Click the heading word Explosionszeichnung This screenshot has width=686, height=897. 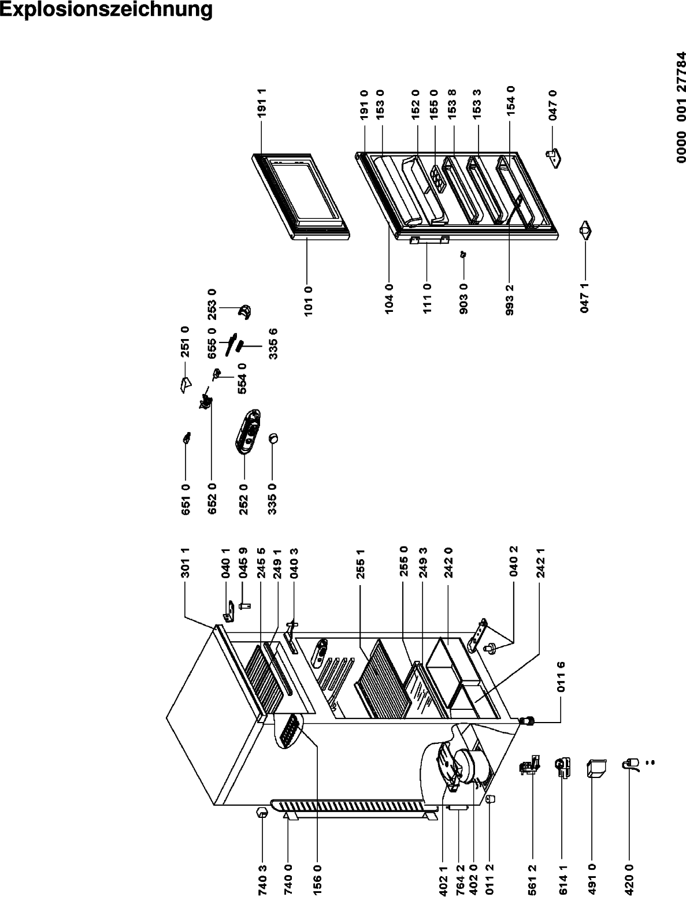click(106, 10)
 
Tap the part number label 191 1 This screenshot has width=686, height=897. click(262, 102)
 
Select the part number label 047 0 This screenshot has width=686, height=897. click(552, 105)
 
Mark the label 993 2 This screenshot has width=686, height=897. click(509, 300)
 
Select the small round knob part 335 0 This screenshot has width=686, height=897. click(273, 438)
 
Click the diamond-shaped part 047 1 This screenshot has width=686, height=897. click(585, 231)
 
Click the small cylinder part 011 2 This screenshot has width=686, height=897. click(490, 799)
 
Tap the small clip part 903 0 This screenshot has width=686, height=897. click(463, 254)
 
